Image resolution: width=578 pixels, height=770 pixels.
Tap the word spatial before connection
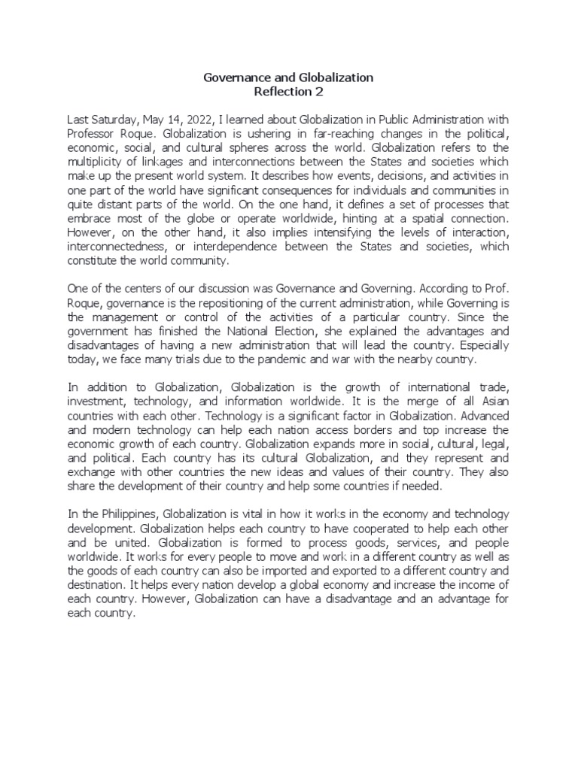(x=427, y=218)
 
